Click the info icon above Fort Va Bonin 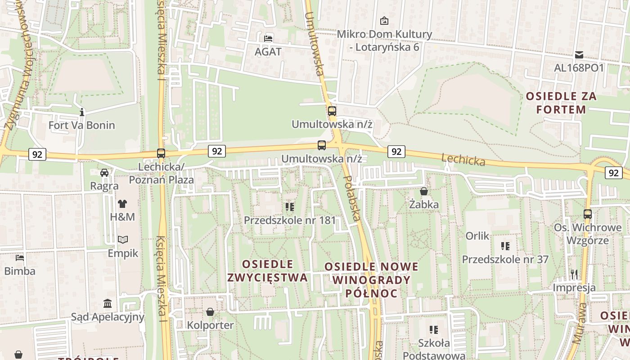pos(81,112)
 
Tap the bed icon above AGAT pos(268,38)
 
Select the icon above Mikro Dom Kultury pos(384,20)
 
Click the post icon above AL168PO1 pos(579,54)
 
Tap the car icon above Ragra pos(104,172)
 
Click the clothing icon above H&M pos(122,203)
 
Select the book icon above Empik pos(123,239)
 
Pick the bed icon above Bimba pos(20,258)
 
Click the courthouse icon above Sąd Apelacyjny pos(108,303)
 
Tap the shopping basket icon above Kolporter pos(210,311)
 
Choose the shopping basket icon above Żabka pos(424,191)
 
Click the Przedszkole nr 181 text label pos(290,220)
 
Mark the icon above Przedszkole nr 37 pos(505,246)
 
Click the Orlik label pos(477,236)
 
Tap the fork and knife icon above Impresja pos(574,274)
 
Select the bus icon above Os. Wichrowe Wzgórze pos(588,214)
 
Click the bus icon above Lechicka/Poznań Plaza pos(161,153)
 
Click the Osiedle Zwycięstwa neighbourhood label pos(267,270)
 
